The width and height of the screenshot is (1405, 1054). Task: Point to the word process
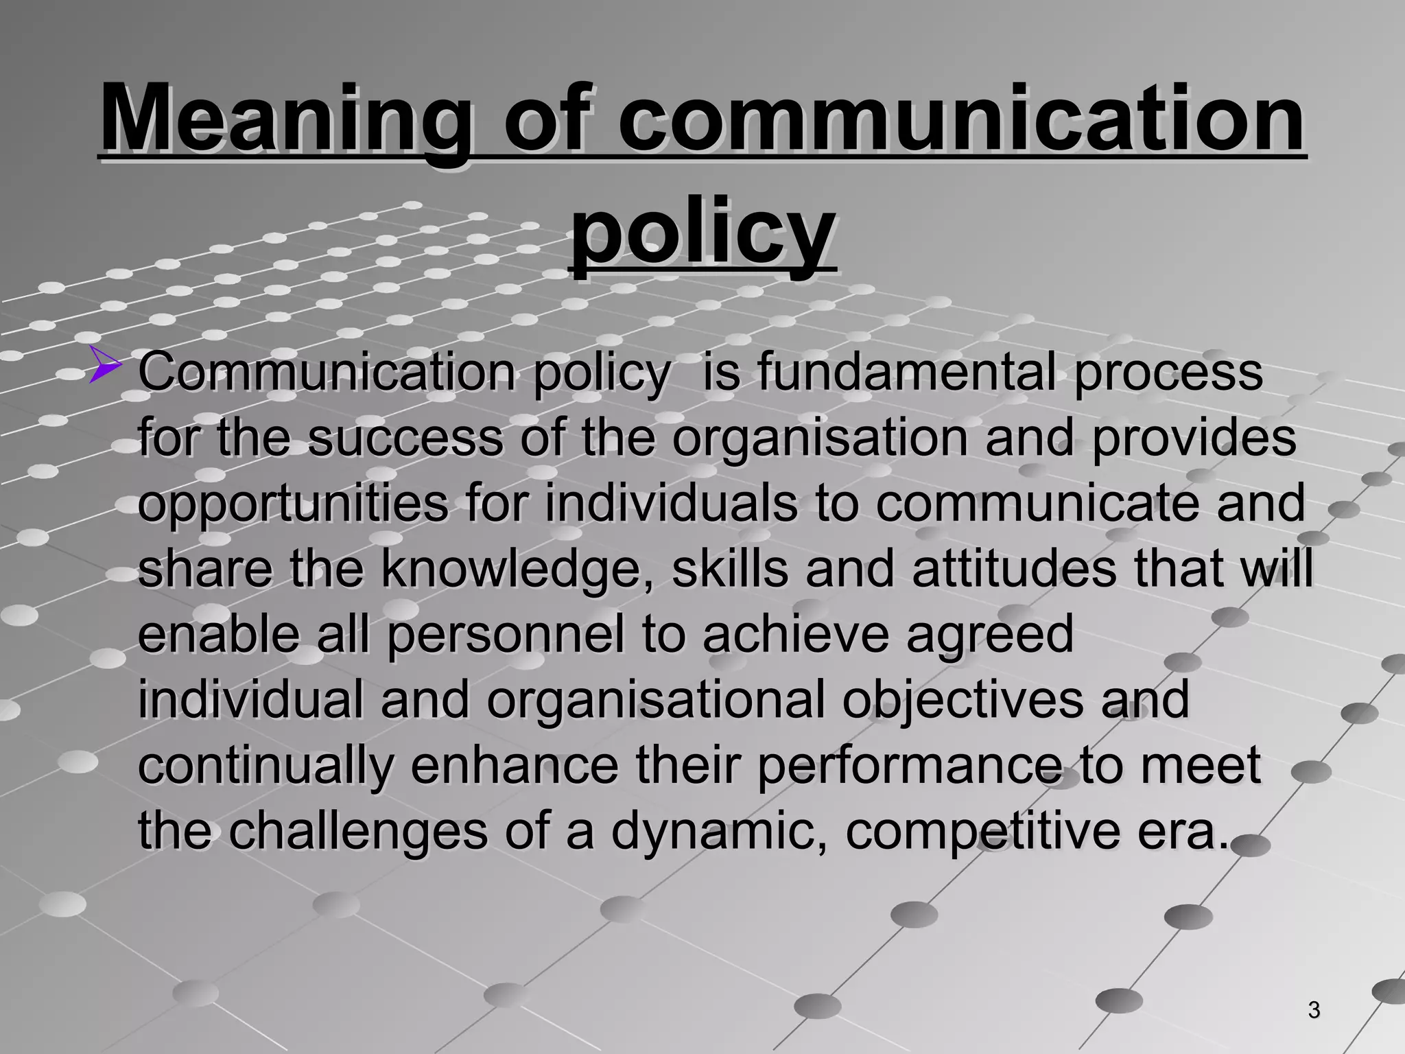click(1168, 373)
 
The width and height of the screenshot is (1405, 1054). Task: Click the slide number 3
click(1314, 1010)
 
